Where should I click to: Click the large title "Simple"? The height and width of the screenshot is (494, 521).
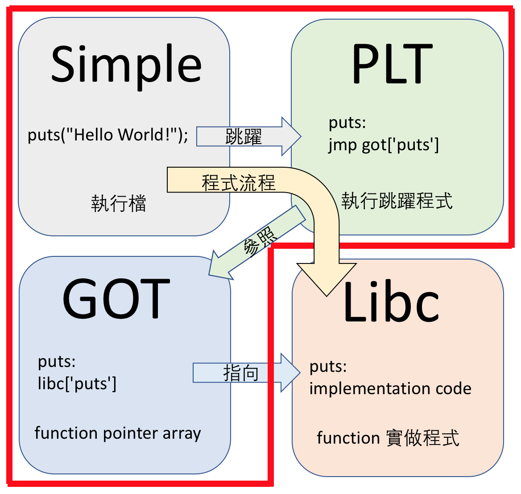(126, 64)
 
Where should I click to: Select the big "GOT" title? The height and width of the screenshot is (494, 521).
(116, 298)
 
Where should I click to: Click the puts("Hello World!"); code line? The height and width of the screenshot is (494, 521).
(108, 135)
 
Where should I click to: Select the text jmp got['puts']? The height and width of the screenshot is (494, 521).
(384, 145)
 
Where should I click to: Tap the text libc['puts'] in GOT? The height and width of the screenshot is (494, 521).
(77, 383)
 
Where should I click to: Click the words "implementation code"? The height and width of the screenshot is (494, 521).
(390, 388)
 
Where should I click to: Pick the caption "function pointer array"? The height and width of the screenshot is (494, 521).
(118, 433)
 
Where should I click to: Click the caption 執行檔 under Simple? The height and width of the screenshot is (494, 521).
(119, 204)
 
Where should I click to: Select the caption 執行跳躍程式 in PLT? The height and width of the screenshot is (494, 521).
(397, 201)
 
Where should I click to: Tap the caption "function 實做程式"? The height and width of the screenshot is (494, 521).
(388, 438)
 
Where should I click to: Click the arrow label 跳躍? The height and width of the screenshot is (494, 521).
(244, 136)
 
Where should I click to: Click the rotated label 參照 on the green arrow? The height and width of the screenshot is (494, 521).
(260, 241)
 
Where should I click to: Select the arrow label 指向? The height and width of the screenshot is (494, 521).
(241, 373)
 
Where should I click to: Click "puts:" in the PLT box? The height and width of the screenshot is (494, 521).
(347, 123)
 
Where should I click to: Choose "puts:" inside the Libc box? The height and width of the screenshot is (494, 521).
(328, 366)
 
